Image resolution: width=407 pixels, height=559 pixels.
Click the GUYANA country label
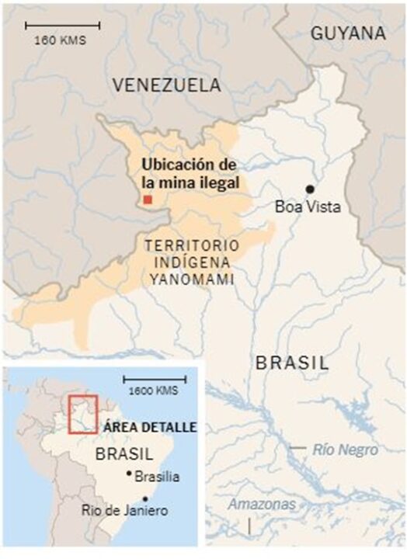click(348, 33)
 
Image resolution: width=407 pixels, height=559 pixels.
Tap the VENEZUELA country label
click(167, 85)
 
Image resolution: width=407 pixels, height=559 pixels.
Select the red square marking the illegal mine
click(148, 200)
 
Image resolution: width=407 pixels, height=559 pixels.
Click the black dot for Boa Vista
click(309, 189)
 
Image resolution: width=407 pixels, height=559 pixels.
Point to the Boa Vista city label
click(308, 207)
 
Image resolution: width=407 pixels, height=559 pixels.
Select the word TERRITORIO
click(193, 245)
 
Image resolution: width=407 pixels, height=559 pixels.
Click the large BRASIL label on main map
click(292, 363)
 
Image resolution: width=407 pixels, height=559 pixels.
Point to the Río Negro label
click(346, 450)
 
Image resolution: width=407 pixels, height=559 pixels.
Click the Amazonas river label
click(262, 505)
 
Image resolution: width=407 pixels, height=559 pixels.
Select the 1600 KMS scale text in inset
click(153, 389)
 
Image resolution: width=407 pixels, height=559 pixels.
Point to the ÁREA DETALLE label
click(148, 428)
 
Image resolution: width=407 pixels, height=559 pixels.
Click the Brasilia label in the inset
click(157, 477)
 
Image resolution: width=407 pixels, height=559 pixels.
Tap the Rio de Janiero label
click(124, 510)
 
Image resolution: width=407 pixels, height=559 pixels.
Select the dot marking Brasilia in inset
click(129, 474)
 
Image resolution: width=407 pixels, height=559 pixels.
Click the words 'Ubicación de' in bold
click(187, 165)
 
